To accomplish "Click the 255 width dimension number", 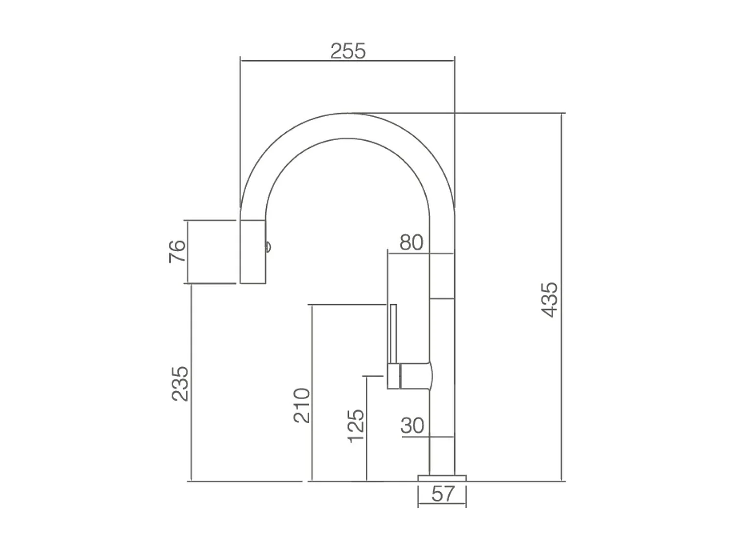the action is [348, 51].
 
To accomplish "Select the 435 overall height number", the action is [549, 300].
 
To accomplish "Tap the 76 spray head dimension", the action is [177, 251].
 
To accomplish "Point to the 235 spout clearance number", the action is [180, 383].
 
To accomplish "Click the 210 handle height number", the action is [301, 406].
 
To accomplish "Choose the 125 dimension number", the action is [356, 426].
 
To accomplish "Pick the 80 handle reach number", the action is [412, 242].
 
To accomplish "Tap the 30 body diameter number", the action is [413, 425].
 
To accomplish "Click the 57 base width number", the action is [443, 494].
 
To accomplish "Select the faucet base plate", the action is [442, 478].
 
